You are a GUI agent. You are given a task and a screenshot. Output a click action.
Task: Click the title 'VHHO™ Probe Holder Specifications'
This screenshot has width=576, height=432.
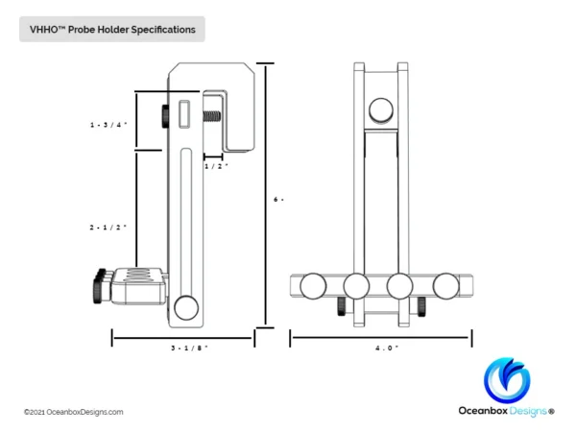pos(112,30)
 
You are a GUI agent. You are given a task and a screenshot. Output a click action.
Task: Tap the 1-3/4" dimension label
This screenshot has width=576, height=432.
pos(108,125)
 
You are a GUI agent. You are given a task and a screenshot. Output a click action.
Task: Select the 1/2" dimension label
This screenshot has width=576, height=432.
pos(215,165)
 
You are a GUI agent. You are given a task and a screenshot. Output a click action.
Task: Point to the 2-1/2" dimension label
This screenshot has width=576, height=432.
pos(108,227)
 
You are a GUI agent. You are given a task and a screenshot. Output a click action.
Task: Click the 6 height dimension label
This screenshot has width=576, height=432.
pos(278,199)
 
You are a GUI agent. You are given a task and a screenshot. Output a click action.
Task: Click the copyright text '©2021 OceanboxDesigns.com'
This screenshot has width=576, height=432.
pos(73,412)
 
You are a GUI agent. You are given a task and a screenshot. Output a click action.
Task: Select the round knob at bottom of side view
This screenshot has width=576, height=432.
pos(188,308)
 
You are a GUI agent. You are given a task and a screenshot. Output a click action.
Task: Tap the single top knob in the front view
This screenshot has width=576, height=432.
pos(382,108)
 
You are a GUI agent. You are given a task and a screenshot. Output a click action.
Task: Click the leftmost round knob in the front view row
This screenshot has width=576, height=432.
pos(313,286)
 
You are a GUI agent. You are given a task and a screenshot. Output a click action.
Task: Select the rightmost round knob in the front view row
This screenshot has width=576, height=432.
pos(446,286)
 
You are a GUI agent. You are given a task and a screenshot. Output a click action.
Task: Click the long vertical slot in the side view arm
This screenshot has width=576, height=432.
pos(188,221)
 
